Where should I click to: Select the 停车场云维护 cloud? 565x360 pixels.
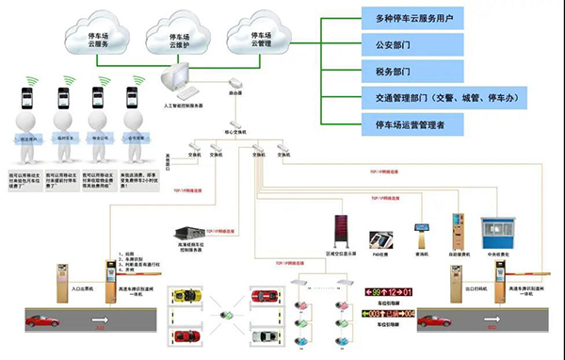[169, 38]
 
